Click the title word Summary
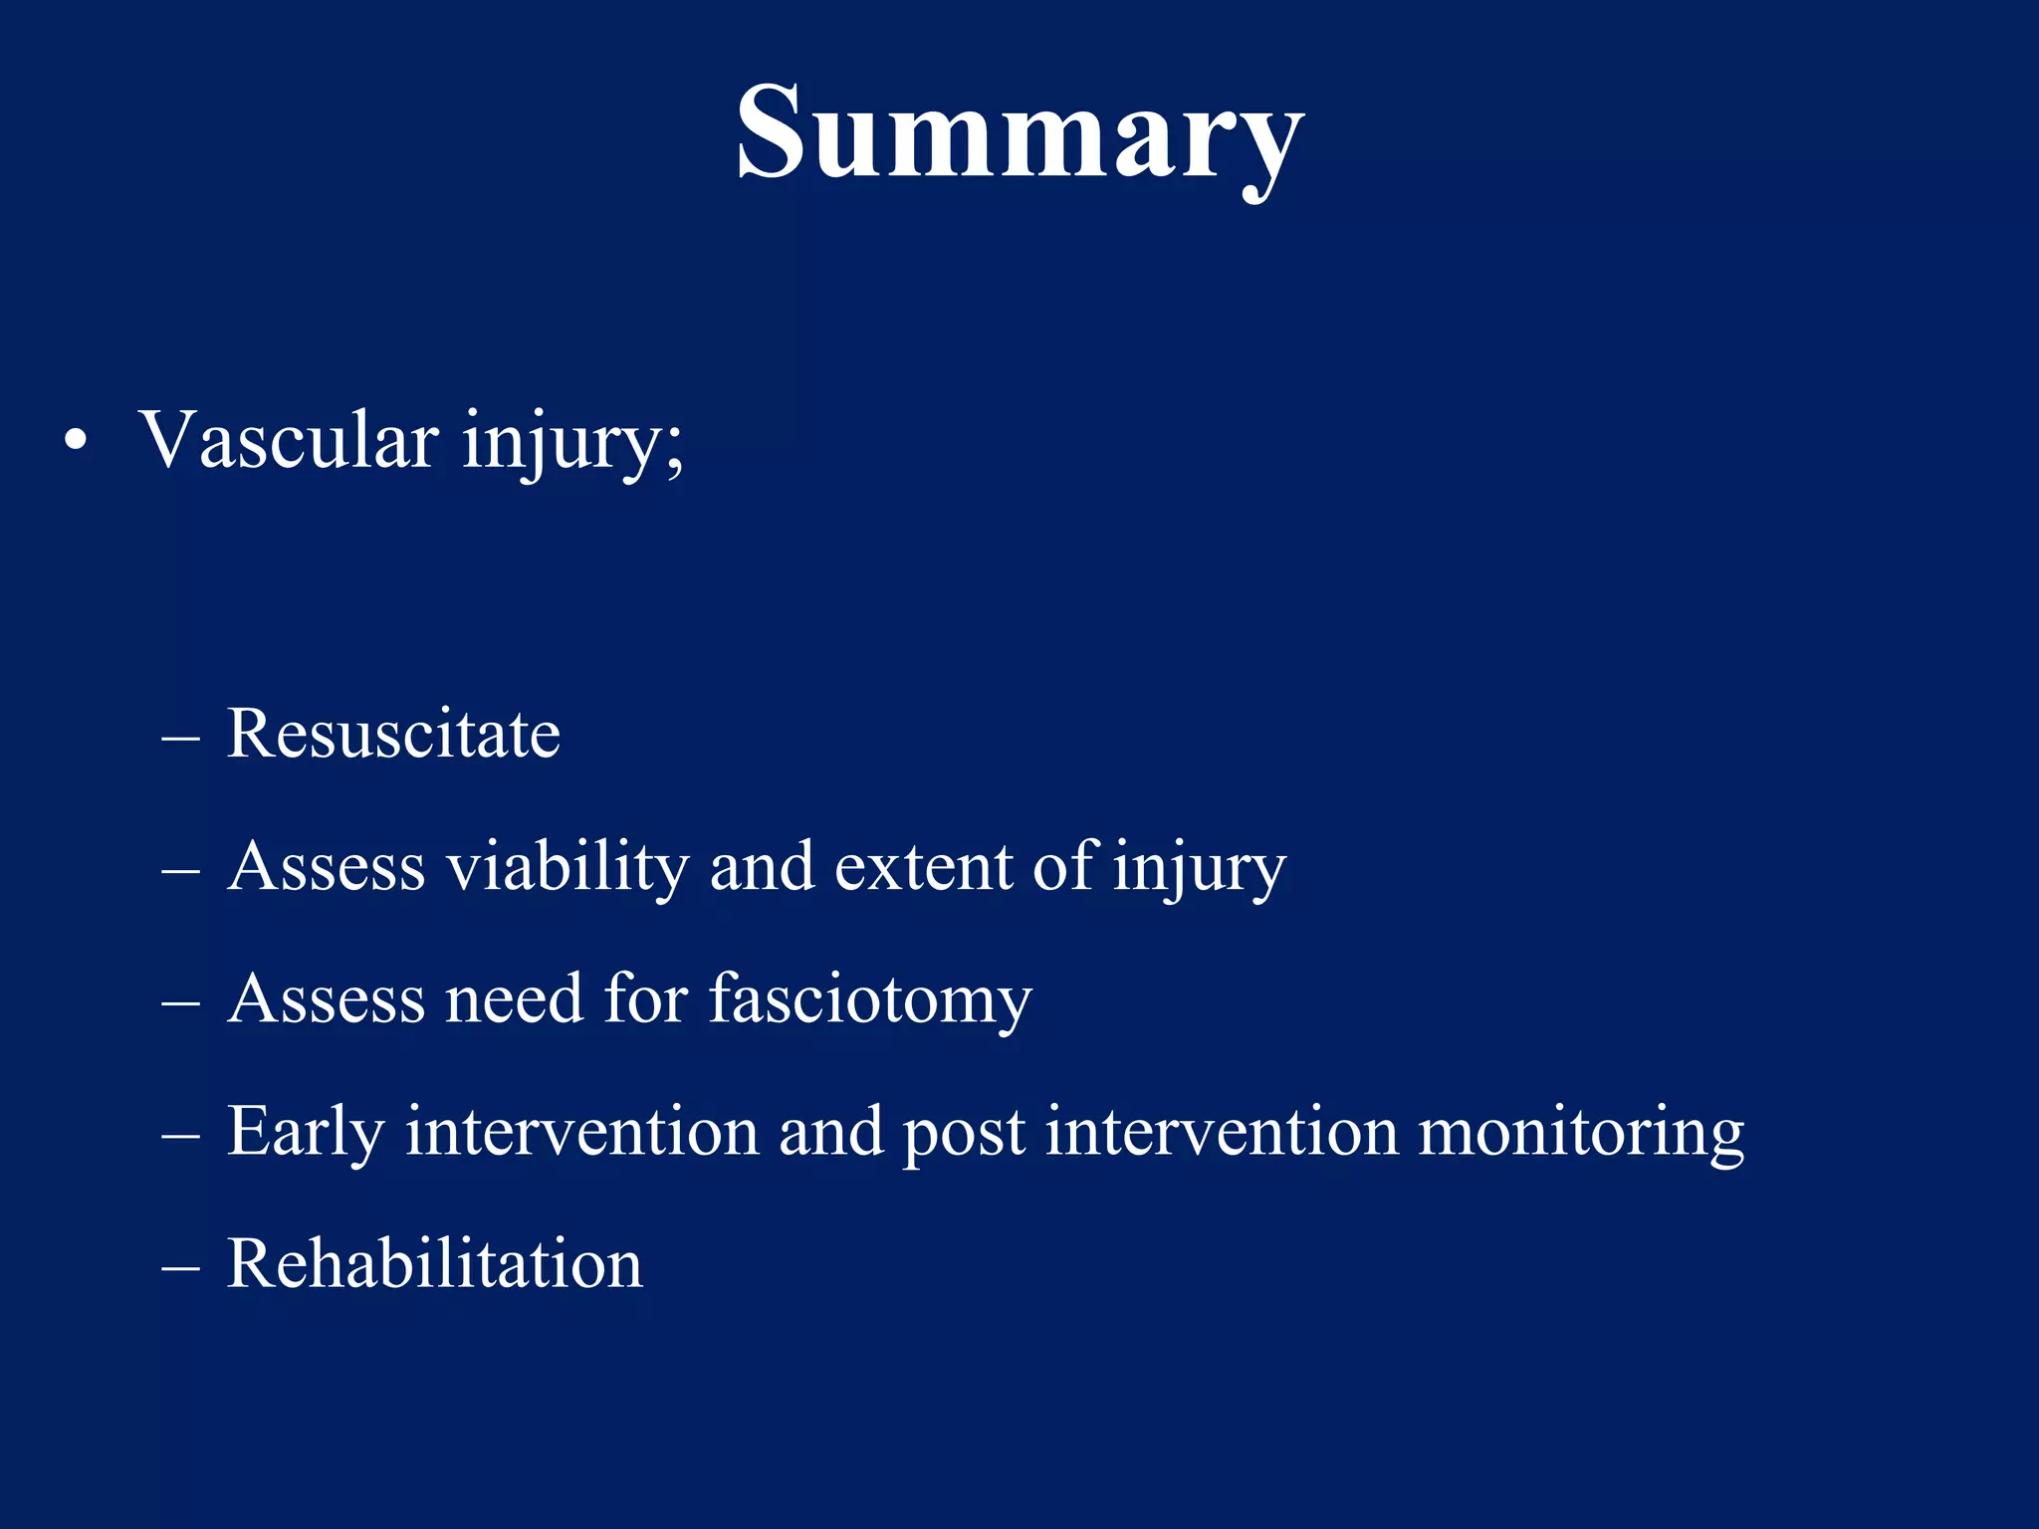coord(1019,134)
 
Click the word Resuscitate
coord(393,734)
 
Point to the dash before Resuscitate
coord(180,739)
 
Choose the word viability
coord(567,866)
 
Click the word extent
coord(922,866)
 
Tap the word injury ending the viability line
coord(1199,869)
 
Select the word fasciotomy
coord(870,999)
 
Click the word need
coord(514,998)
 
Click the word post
coord(963,1135)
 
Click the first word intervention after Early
coord(581,1131)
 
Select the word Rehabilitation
coord(435,1263)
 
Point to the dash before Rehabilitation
coord(180,1268)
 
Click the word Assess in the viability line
coord(327,866)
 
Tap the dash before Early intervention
coord(180,1136)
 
